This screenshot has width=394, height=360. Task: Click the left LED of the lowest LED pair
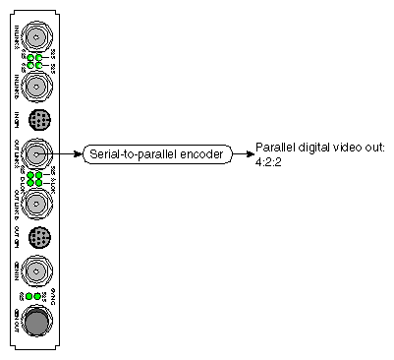pyautogui.click(x=29, y=295)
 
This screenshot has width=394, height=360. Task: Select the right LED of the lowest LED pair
pyautogui.click(x=37, y=295)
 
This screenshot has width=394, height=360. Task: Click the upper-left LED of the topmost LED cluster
pyautogui.click(x=30, y=57)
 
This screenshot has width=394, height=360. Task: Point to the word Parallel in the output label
pyautogui.click(x=274, y=147)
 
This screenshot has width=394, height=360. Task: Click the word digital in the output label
pyautogui.click(x=310, y=147)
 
